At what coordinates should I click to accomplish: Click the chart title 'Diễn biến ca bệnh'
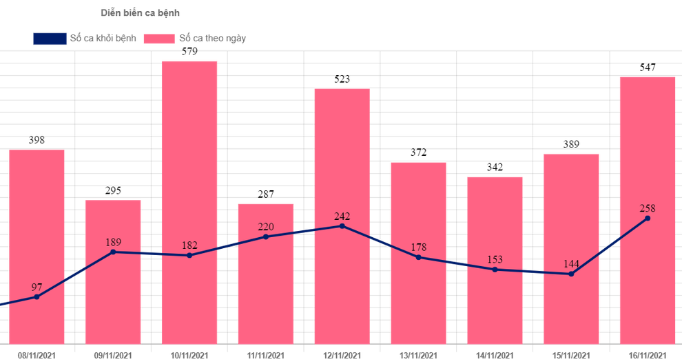tap(141, 13)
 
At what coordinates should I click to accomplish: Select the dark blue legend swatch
tap(50, 39)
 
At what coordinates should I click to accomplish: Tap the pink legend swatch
tap(158, 39)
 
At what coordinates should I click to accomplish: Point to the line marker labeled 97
tap(37, 297)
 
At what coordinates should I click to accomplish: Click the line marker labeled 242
tap(342, 226)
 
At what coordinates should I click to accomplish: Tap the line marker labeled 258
tap(648, 219)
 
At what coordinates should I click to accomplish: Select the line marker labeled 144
tap(571, 274)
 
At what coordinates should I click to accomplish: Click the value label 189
tap(113, 242)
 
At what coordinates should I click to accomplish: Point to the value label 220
tap(266, 227)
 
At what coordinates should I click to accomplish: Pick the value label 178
tap(419, 247)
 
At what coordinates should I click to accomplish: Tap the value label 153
tap(495, 259)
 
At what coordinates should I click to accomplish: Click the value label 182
tap(189, 245)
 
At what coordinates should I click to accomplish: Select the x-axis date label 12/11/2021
tap(342, 355)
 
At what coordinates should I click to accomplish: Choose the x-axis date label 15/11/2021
tap(571, 355)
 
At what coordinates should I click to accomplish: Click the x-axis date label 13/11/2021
tap(419, 355)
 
